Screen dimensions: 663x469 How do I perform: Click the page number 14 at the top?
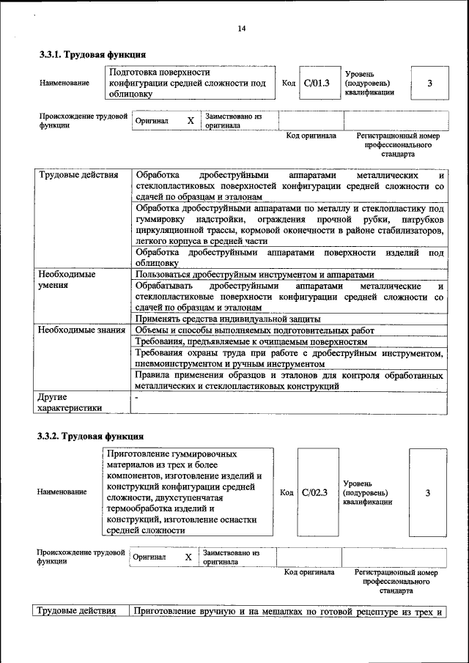(241, 29)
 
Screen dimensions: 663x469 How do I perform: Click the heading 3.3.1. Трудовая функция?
(92, 54)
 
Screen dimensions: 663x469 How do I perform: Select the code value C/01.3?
(317, 83)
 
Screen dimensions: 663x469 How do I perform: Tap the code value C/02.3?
(314, 492)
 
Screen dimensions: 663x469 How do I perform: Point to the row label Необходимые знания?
(81, 330)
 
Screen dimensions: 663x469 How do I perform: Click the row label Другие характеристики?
(70, 402)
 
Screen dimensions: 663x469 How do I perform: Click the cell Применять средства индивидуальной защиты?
(228, 319)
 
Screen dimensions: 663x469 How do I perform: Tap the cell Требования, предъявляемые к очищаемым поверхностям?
(251, 341)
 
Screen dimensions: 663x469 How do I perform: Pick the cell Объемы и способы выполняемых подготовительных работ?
(249, 330)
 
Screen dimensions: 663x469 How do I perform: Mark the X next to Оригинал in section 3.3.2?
(188, 558)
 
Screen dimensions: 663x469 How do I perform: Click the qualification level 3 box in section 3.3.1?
(429, 83)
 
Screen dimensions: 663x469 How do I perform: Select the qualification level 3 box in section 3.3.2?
(427, 492)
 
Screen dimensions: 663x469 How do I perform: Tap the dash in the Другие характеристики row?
(137, 396)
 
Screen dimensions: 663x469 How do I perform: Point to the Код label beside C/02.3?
(287, 492)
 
